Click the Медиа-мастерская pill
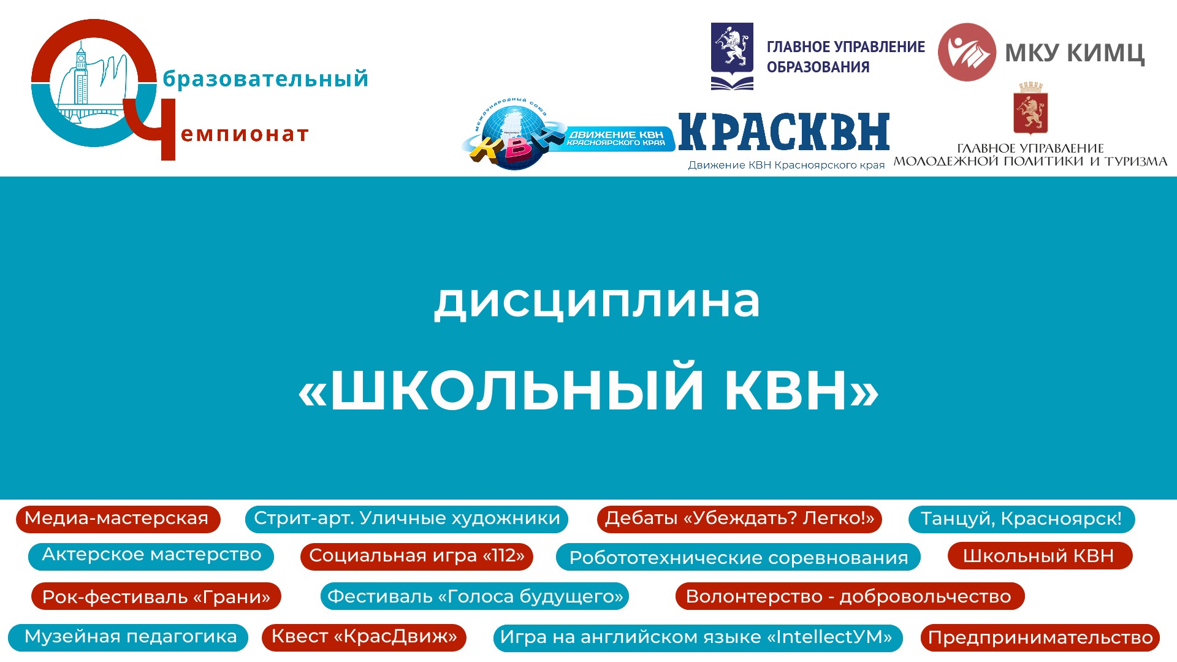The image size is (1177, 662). (118, 519)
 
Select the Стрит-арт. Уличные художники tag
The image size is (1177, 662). (406, 519)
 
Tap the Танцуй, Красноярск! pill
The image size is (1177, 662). (1021, 519)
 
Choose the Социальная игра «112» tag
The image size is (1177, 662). (417, 556)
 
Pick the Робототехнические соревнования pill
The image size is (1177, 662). (738, 557)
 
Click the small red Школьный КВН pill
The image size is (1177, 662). (1040, 556)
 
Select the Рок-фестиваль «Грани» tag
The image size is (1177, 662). (156, 596)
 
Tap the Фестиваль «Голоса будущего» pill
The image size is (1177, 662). (475, 596)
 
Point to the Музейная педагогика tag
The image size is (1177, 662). (128, 637)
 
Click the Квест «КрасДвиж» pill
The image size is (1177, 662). (364, 637)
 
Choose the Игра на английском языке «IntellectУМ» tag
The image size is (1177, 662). (698, 637)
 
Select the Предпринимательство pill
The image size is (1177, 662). (1040, 637)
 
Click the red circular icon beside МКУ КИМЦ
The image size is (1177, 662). (967, 52)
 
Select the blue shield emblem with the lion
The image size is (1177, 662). (732, 56)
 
